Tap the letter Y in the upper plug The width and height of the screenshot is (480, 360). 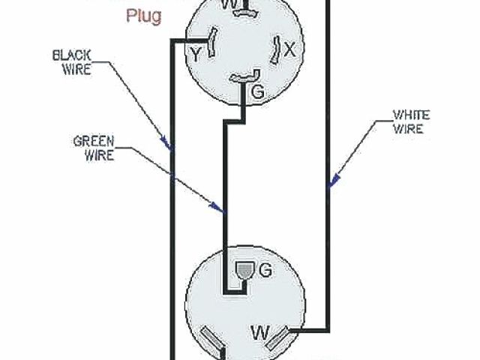click(x=195, y=53)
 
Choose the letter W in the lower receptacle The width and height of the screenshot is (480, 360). click(x=260, y=331)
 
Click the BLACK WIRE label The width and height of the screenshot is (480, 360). click(x=73, y=62)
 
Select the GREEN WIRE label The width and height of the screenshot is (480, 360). click(x=93, y=148)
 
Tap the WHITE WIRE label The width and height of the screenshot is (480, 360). click(x=411, y=121)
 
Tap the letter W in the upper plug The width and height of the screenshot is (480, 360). click(x=232, y=4)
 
